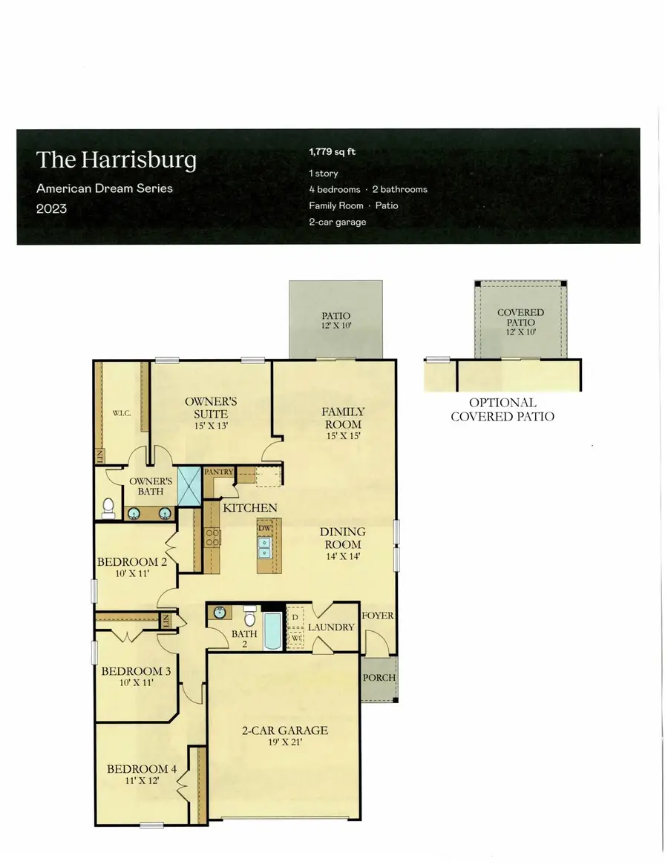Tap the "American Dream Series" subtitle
(x=105, y=188)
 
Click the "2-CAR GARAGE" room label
(x=284, y=731)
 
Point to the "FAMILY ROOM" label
(x=342, y=418)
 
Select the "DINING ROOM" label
(x=342, y=538)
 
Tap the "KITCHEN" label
(x=250, y=508)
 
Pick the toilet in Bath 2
(x=250, y=617)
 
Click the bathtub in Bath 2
(x=272, y=630)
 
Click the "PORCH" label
(x=379, y=678)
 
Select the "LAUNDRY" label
(x=331, y=627)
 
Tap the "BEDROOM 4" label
(x=142, y=769)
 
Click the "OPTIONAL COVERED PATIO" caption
(x=502, y=409)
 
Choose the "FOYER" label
(x=378, y=616)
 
